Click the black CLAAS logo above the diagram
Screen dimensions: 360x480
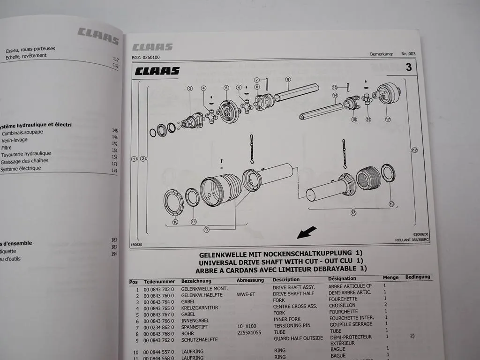coord(157,71)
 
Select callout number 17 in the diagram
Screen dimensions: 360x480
coord(388,119)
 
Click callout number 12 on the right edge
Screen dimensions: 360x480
coord(414,150)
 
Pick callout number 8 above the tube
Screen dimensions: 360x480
coord(288,79)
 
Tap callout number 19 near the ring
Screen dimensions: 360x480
coord(391,203)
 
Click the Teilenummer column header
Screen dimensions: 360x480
coord(159,281)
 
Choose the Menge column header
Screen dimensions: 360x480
coord(390,277)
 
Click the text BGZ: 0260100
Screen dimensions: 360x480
coord(146,58)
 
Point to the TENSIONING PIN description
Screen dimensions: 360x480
coord(292,324)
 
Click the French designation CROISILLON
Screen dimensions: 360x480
coord(342,305)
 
